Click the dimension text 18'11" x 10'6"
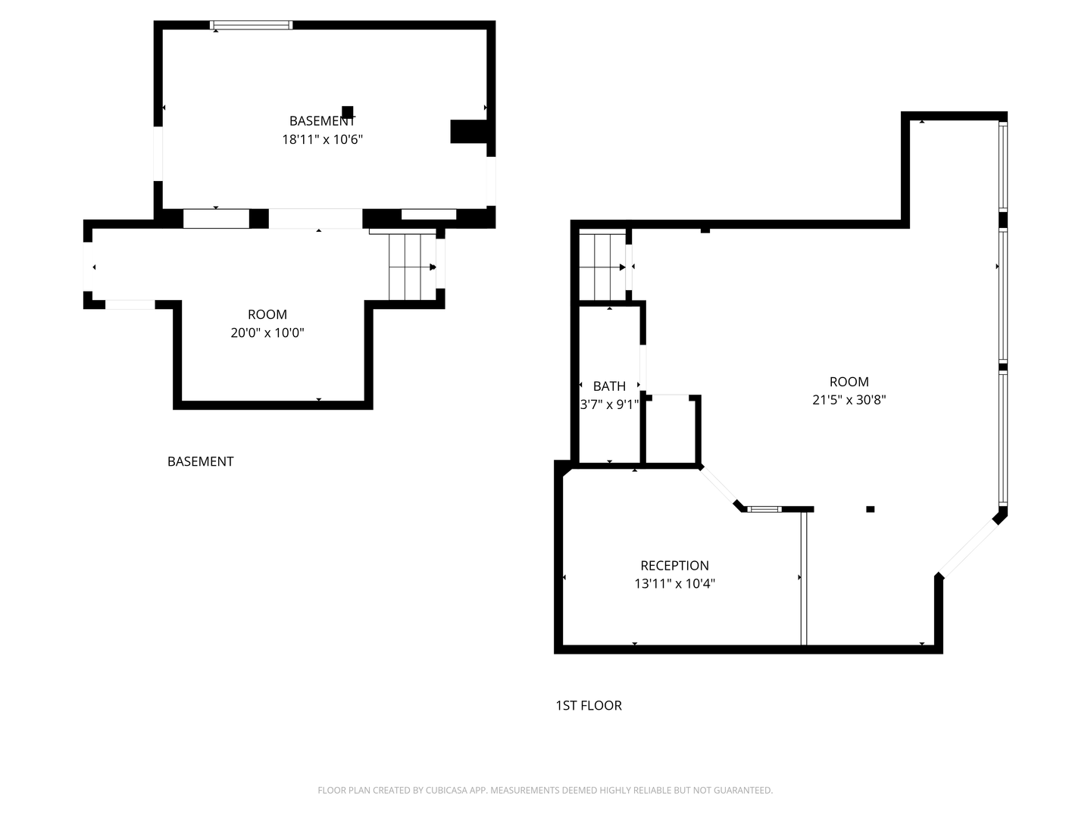[322, 139]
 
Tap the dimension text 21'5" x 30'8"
[849, 399]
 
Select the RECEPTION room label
[674, 565]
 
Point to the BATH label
[609, 386]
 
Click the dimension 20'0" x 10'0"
[267, 333]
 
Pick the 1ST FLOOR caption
[588, 705]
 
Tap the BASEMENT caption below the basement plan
[200, 461]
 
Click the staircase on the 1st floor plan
[602, 267]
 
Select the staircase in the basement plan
[412, 267]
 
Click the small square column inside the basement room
[348, 112]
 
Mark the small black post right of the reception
[870, 509]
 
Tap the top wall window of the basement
[251, 25]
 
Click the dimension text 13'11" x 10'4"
[674, 583]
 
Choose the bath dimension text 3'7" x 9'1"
[609, 404]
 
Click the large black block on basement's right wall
[468, 132]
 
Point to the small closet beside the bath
[671, 429]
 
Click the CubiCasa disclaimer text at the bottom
[545, 790]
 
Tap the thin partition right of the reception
[803, 579]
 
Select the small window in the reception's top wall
[764, 509]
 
